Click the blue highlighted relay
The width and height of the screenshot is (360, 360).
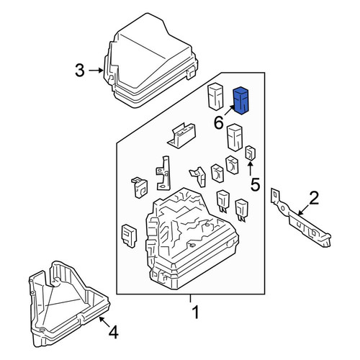point(241,101)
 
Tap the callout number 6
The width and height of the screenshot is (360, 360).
point(219,123)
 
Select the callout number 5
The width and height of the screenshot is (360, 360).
point(255,185)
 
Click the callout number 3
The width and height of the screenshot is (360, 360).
point(80,71)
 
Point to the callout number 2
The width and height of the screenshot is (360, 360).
point(314,198)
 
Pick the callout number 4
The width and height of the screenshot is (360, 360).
point(113,333)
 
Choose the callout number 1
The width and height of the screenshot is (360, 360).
point(196,312)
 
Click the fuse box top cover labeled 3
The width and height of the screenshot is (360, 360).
point(150,60)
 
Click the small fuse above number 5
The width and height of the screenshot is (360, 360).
point(250,153)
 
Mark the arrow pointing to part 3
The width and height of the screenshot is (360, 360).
point(96,71)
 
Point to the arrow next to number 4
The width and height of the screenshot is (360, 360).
point(104,322)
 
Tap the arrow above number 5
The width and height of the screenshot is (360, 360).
point(250,169)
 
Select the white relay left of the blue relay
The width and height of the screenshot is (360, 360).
point(215,96)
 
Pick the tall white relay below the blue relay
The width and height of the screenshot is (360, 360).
point(235,138)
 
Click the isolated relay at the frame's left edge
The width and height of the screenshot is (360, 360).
point(129,236)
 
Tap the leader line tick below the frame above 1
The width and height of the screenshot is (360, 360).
point(190,298)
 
